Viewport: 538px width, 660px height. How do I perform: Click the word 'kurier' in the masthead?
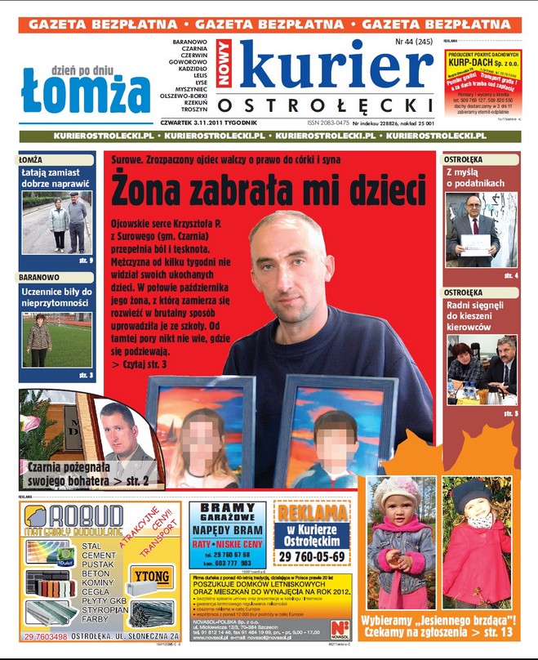click(335, 67)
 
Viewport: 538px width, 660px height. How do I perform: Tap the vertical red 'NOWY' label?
click(225, 65)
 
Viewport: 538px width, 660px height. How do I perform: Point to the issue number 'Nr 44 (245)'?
click(414, 41)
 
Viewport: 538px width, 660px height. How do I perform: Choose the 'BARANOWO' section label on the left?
click(39, 278)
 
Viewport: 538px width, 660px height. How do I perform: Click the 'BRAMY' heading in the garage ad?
click(228, 507)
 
